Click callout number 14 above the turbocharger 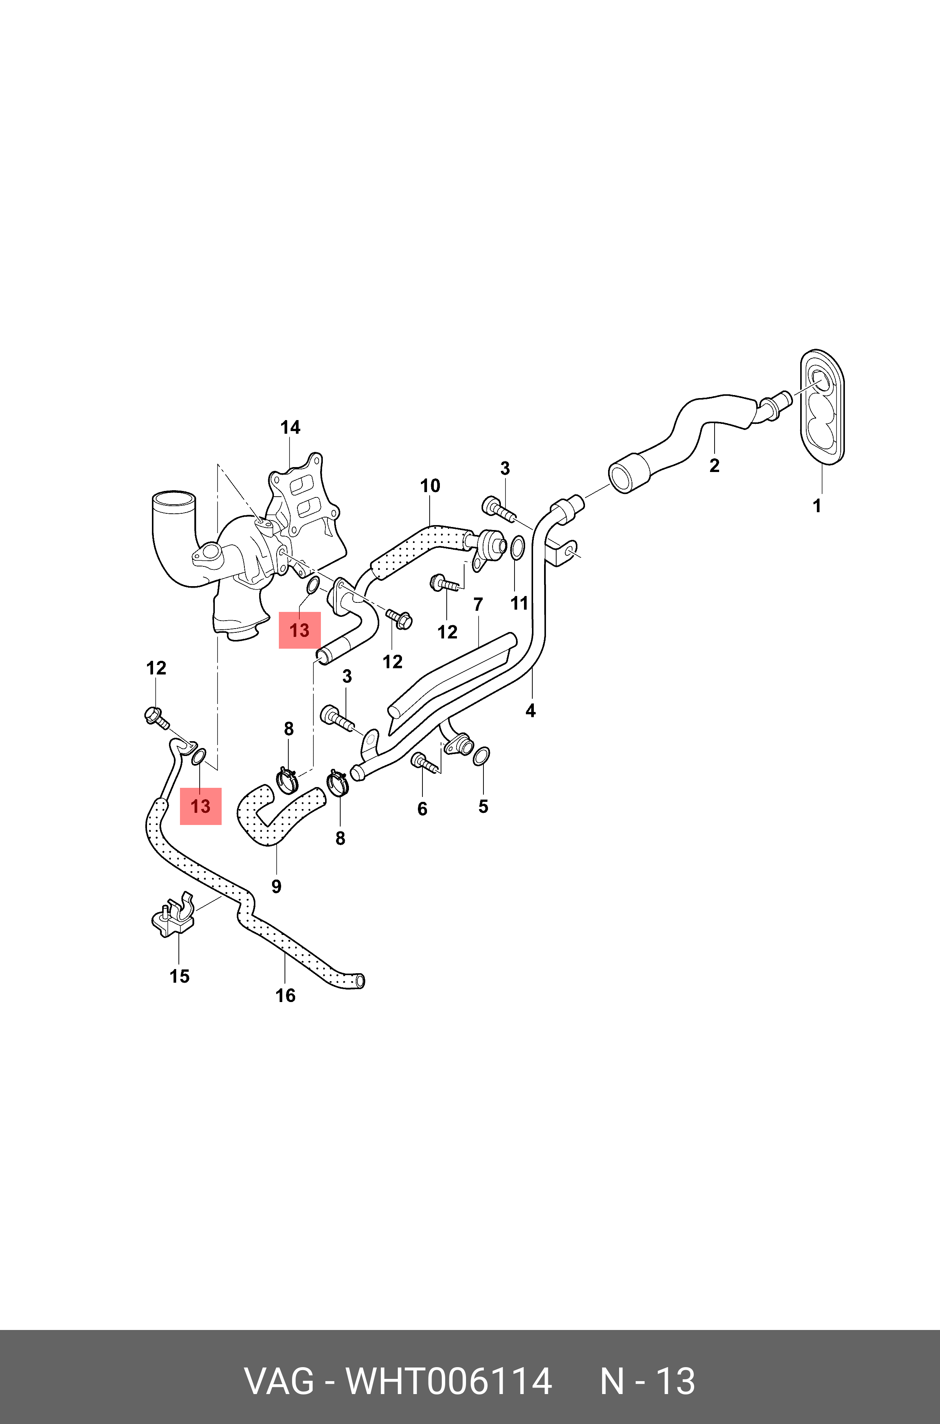tap(290, 428)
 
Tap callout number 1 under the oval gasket tap(816, 506)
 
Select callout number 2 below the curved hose tap(714, 466)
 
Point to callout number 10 tap(430, 486)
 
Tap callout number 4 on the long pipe tap(530, 711)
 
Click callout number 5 tap(483, 806)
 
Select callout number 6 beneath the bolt tap(422, 809)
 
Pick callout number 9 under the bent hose tap(276, 886)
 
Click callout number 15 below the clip tap(179, 976)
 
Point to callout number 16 tap(285, 995)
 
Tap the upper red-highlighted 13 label tap(300, 630)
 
